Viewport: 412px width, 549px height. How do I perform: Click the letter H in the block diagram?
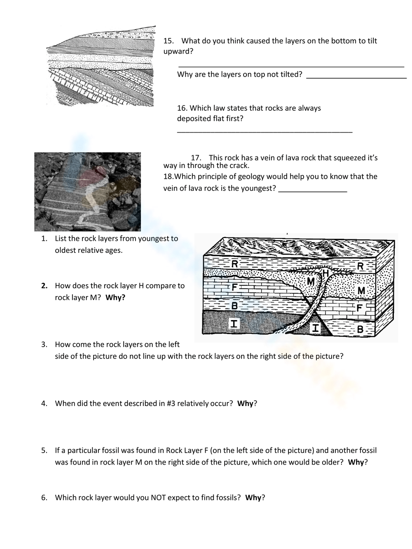tap(325, 273)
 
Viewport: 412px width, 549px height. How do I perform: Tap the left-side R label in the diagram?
tap(234, 264)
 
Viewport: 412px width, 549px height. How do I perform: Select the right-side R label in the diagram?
tap(360, 266)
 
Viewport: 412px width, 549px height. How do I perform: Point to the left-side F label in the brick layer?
tap(233, 287)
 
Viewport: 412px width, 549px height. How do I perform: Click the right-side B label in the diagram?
tap(360, 329)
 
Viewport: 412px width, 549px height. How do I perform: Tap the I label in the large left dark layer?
tap(234, 323)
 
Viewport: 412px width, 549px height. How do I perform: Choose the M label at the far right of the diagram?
tap(361, 291)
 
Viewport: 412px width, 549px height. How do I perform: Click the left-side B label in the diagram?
tap(234, 305)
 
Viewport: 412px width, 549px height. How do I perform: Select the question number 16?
tap(182, 108)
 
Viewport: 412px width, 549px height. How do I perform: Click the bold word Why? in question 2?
tap(115, 297)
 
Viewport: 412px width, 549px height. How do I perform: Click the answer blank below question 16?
tap(265, 131)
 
